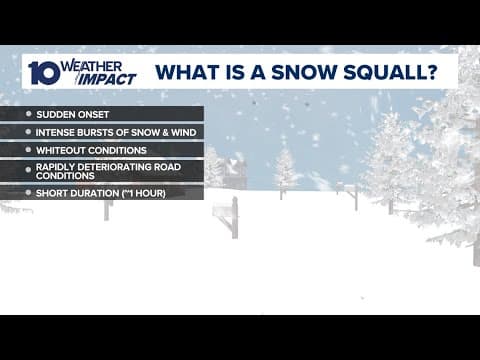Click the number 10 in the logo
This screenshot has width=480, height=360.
click(43, 73)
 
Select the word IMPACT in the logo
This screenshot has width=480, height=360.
click(110, 79)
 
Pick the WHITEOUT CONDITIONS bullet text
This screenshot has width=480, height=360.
click(92, 150)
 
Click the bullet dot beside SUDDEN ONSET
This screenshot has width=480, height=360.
click(28, 114)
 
